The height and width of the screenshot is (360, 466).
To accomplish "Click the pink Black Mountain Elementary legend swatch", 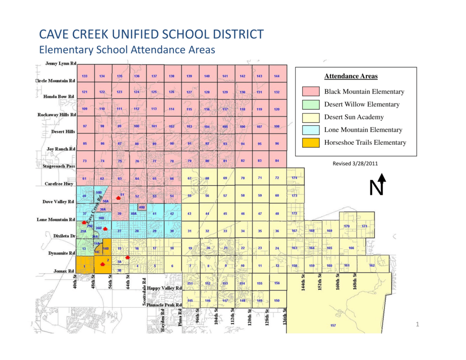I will [310, 91].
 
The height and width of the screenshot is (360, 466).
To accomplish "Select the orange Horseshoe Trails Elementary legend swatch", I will [310, 142].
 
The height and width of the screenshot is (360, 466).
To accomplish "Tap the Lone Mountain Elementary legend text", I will [363, 130].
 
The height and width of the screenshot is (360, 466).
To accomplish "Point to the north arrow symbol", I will [381, 184].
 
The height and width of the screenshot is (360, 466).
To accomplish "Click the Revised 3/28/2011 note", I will [355, 163].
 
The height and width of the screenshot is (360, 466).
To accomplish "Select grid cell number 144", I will [276, 76].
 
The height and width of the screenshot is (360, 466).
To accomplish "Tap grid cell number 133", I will [85, 76].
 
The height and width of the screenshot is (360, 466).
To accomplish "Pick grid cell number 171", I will [365, 226].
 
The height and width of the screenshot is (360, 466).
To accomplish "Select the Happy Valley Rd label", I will [164, 289].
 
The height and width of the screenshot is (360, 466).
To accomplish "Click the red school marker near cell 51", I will [118, 198].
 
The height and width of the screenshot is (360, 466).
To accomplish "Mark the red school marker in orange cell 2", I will [102, 264].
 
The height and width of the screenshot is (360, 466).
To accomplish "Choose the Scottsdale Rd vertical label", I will [144, 292].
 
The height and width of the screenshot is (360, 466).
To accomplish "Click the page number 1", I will [417, 324].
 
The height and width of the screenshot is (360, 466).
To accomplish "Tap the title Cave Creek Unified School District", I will [152, 34].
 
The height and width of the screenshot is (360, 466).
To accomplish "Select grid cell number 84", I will [277, 161].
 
